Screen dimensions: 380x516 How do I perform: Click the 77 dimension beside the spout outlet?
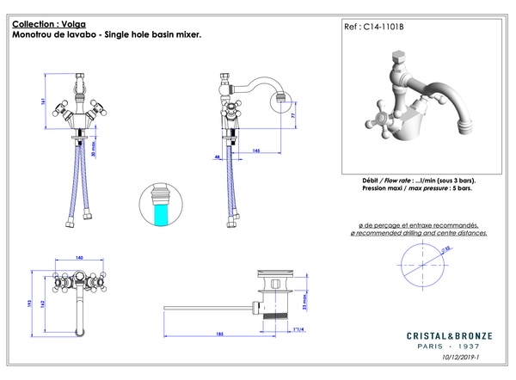click(294, 114)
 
